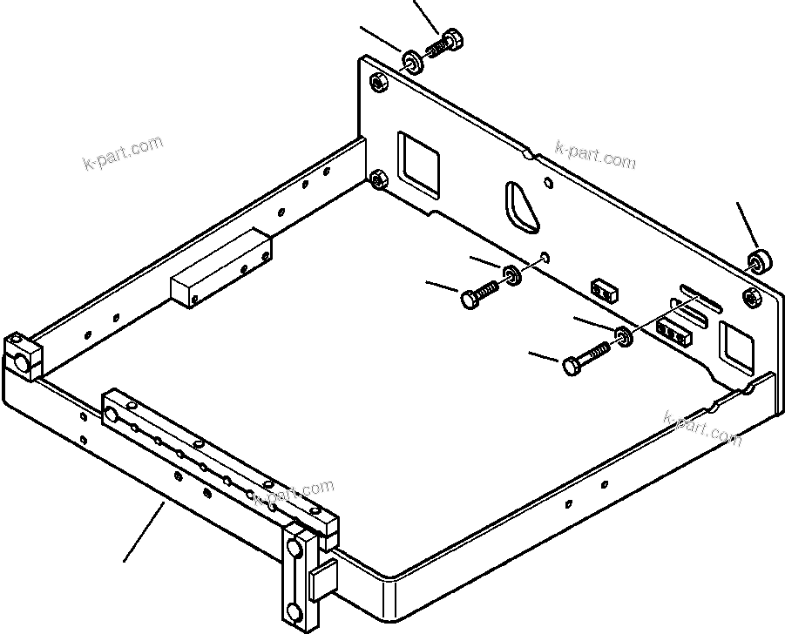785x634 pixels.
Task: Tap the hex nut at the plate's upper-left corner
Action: (378, 82)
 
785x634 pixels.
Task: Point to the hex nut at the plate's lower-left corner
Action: (378, 180)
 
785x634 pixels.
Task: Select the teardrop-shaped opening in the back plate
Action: (519, 209)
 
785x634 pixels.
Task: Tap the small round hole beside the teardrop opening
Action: (547, 184)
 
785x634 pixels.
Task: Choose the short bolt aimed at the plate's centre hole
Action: (477, 293)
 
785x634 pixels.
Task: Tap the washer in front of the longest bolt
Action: (624, 336)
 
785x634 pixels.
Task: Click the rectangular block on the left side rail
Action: (220, 268)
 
